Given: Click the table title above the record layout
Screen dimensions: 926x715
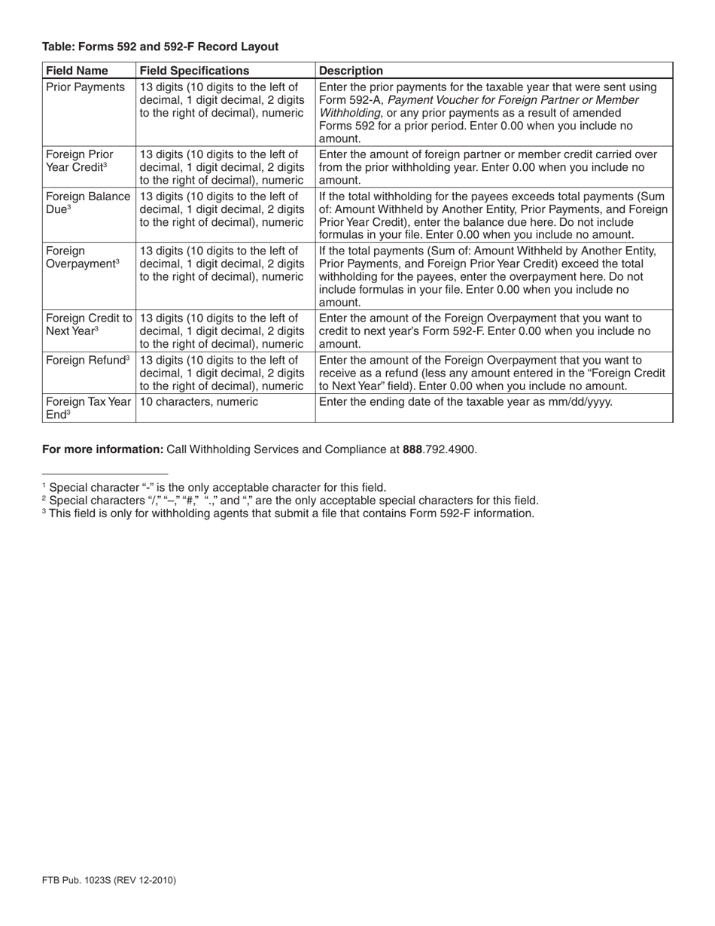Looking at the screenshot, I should (x=160, y=47).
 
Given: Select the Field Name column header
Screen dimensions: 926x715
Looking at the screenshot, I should (x=77, y=71).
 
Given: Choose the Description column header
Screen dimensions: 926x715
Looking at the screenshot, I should (x=351, y=71).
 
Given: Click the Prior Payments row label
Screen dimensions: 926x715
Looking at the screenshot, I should (x=86, y=87).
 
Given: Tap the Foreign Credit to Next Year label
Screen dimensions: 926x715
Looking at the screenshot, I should (x=89, y=324).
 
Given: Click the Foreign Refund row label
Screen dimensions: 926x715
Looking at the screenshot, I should (x=88, y=360).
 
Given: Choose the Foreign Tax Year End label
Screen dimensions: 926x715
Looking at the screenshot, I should (x=88, y=408).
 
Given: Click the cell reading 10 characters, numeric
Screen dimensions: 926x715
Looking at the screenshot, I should (x=199, y=402).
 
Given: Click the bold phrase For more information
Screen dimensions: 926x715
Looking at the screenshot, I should (x=102, y=449).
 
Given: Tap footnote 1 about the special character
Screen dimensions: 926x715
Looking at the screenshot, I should (x=214, y=487).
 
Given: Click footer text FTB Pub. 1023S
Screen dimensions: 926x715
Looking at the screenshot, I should (x=109, y=879).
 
